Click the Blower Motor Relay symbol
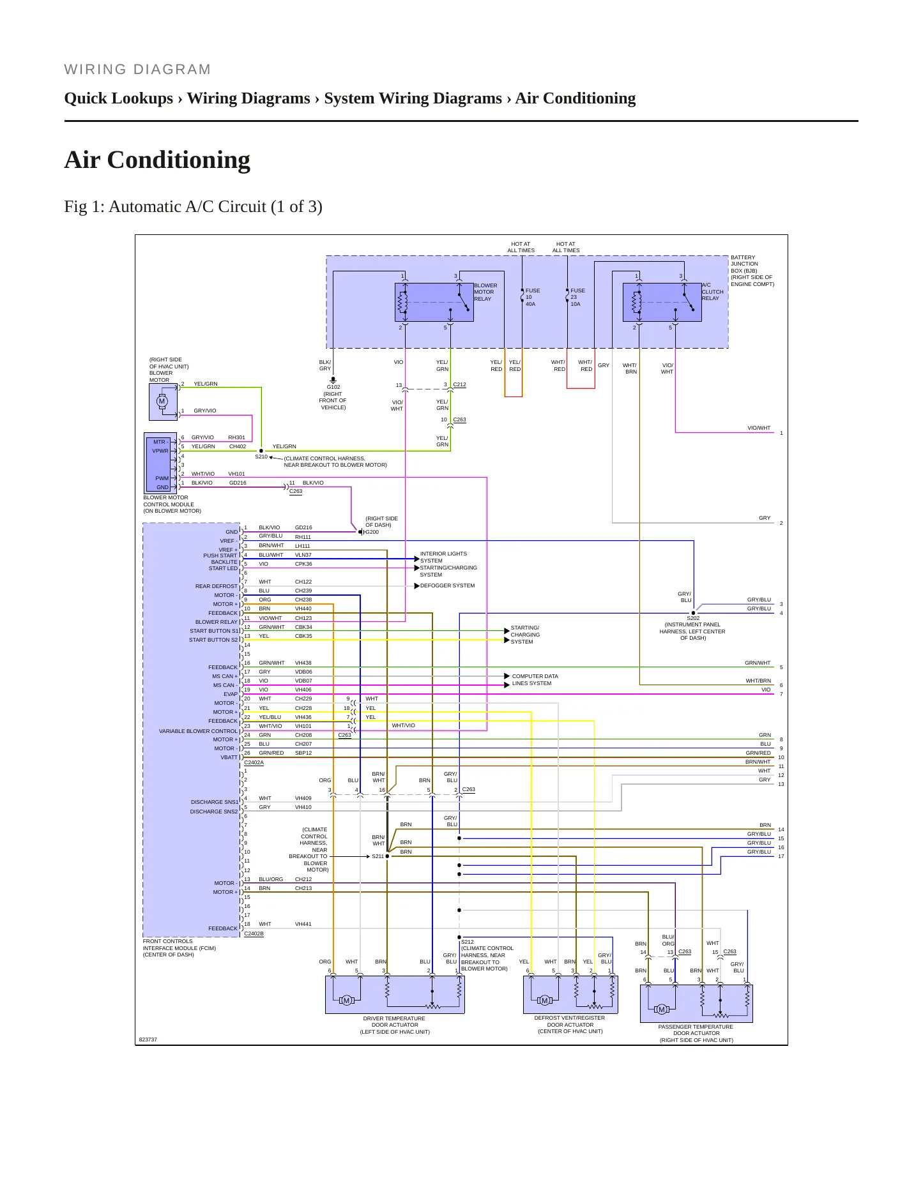[434, 302]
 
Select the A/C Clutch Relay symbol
[662, 302]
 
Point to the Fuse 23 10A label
[577, 298]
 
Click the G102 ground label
[333, 387]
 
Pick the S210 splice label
[261, 457]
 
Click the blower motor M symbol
[162, 402]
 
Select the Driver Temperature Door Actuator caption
[395, 1025]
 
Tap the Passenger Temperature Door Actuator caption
[696, 1033]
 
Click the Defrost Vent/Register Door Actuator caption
[570, 1024]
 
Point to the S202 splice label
[693, 618]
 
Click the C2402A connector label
[254, 762]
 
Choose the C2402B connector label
[254, 933]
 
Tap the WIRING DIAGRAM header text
[137, 70]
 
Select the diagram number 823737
[148, 1039]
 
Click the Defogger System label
[447, 586]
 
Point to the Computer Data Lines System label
[535, 679]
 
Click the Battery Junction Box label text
[752, 271]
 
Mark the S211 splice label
[378, 856]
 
